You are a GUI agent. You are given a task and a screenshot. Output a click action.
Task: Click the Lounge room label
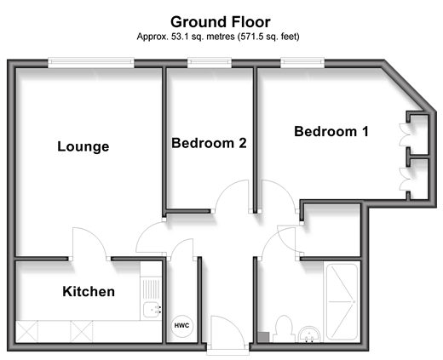click(83, 146)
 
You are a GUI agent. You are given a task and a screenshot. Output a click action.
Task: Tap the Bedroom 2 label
click(209, 143)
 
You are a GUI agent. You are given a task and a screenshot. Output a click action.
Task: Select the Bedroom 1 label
click(331, 131)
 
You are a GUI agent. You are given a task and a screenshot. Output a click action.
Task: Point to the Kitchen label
click(89, 292)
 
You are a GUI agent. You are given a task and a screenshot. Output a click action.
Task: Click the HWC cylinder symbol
click(181, 326)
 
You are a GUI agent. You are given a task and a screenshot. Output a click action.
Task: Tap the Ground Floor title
click(221, 22)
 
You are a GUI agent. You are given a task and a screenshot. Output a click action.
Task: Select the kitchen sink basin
click(152, 310)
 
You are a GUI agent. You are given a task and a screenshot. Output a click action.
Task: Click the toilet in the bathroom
click(283, 329)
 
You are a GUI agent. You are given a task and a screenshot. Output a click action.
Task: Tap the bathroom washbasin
click(309, 334)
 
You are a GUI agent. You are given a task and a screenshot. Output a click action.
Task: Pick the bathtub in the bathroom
click(342, 302)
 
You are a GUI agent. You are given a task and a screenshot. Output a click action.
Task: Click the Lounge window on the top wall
click(91, 63)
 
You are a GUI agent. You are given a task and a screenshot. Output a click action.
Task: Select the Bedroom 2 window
click(210, 63)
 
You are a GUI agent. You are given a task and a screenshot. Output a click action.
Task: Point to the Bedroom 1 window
click(302, 63)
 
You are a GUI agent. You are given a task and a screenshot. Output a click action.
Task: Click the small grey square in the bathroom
click(263, 337)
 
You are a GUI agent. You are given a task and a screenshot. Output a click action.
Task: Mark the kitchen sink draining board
click(151, 289)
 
